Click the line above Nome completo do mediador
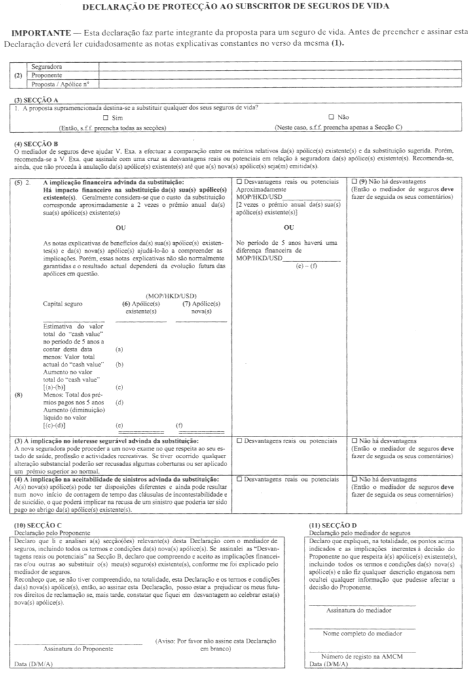[x=361, y=629]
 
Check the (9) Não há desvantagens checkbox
[x=355, y=181]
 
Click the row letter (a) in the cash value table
[x=119, y=349]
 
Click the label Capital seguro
[x=63, y=304]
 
